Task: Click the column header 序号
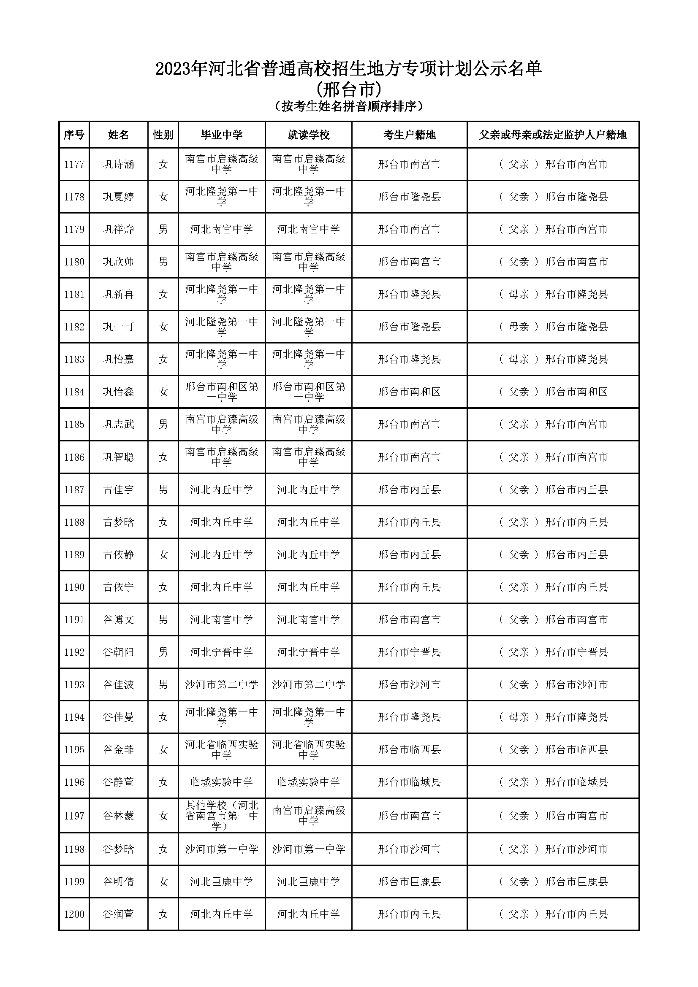click(x=74, y=135)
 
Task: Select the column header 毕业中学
click(x=222, y=135)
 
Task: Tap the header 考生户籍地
click(x=409, y=135)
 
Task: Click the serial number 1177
click(x=74, y=164)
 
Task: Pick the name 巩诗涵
click(x=118, y=164)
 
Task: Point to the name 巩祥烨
click(x=118, y=229)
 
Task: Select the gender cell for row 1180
click(x=163, y=262)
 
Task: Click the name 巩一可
click(x=118, y=327)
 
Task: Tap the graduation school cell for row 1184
click(x=222, y=392)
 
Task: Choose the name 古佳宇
click(x=118, y=489)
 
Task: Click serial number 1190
click(x=74, y=587)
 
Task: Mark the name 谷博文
click(x=118, y=619)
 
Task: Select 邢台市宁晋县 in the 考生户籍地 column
click(x=409, y=652)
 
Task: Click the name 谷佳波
click(x=118, y=684)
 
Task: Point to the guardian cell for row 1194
click(x=553, y=717)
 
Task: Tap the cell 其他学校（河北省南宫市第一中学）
click(x=222, y=816)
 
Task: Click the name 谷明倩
click(x=118, y=882)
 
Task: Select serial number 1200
click(x=74, y=914)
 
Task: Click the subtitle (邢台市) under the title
click(x=348, y=90)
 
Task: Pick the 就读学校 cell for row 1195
click(x=308, y=750)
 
